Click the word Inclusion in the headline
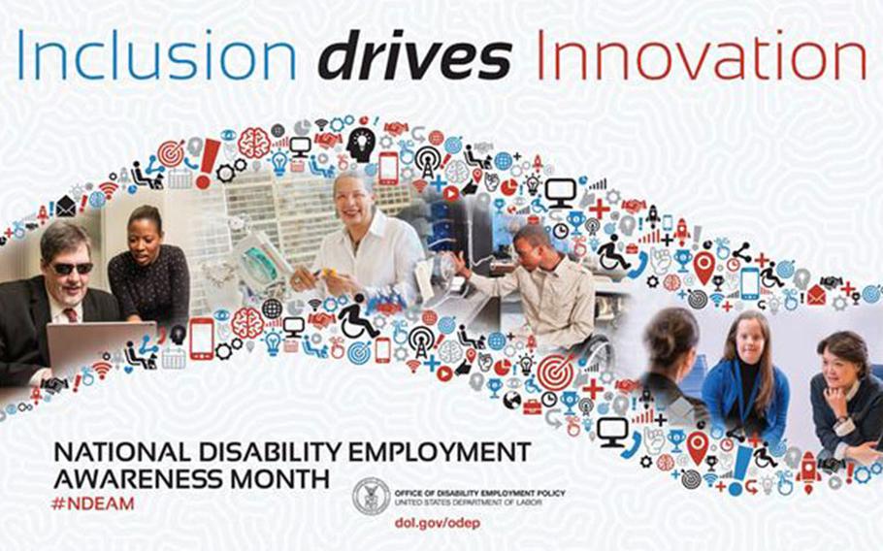click(157, 54)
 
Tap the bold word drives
click(415, 54)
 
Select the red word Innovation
click(702, 54)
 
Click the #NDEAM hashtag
click(93, 502)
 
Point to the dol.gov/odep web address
click(438, 523)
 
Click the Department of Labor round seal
click(371, 497)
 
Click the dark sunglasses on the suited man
click(72, 268)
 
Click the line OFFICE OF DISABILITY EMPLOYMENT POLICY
click(479, 493)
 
